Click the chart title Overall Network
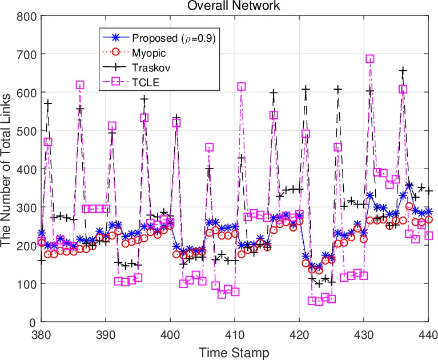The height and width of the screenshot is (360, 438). pos(235,6)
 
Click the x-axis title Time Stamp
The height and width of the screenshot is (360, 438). pos(235,351)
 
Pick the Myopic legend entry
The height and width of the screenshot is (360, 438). pos(148,53)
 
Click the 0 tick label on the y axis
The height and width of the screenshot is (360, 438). pos(33,322)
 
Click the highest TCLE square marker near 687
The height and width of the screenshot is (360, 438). pos(370,59)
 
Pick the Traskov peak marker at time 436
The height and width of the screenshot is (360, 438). pos(403,71)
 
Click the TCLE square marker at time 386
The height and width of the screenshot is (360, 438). pos(80,85)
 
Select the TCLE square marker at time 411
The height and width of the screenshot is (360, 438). pos(241,87)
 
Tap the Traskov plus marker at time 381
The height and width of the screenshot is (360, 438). pos(48,103)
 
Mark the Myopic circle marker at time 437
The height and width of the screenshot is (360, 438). pos(409,206)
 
